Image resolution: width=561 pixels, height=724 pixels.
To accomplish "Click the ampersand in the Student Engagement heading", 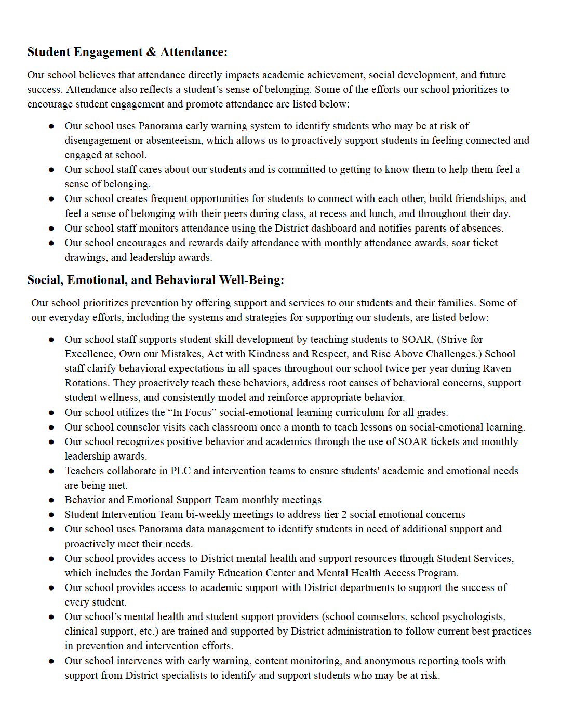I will coord(151,52).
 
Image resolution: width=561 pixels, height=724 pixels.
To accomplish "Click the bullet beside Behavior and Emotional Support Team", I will coord(51,500).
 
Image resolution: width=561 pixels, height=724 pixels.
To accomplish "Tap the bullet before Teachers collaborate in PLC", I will coord(51,471).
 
